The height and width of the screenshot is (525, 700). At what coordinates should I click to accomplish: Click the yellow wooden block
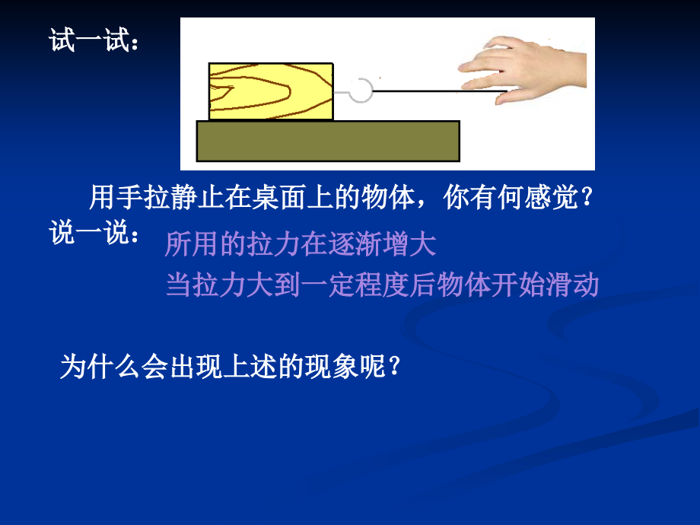[x=271, y=91]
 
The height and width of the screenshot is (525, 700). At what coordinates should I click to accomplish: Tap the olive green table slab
[x=327, y=141]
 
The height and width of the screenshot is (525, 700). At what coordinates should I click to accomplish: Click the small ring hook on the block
[x=361, y=91]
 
